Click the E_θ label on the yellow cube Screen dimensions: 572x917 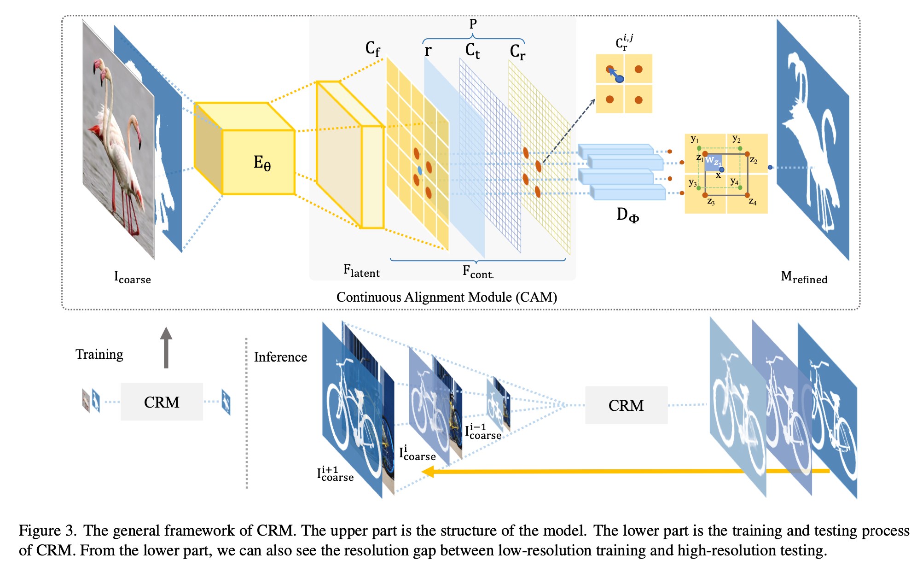[x=262, y=163]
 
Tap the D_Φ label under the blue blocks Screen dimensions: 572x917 [x=627, y=215]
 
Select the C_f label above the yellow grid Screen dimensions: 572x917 [x=372, y=48]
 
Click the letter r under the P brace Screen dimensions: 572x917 [x=428, y=50]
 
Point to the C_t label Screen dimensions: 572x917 [x=472, y=51]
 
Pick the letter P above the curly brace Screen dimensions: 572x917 [x=473, y=24]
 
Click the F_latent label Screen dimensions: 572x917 [x=361, y=271]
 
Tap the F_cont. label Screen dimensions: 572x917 [x=478, y=272]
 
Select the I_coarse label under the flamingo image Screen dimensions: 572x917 [x=132, y=278]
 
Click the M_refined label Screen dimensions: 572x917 [x=804, y=278]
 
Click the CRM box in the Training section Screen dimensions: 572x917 [x=162, y=402]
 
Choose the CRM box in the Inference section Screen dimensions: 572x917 [x=626, y=405]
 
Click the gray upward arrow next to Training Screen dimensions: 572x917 [x=166, y=348]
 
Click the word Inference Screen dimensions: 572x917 [x=280, y=357]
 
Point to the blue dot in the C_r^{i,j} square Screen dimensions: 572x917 [x=620, y=79]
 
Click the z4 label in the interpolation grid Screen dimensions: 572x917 [x=753, y=202]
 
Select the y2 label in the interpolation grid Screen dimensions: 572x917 [x=737, y=139]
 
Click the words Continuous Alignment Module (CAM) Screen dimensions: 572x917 [x=447, y=298]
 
